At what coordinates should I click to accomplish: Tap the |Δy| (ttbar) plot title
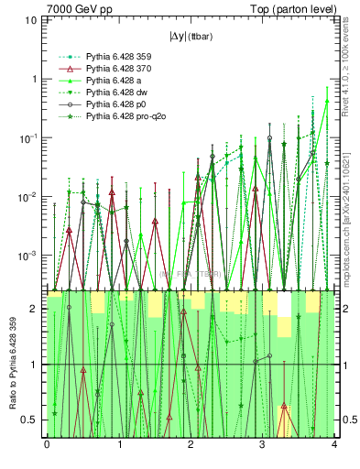[190, 38]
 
